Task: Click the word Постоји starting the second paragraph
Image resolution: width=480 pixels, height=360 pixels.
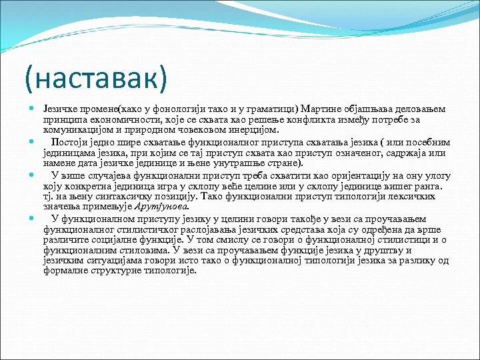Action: click(x=69, y=142)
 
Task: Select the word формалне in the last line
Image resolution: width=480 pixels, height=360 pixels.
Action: click(x=65, y=270)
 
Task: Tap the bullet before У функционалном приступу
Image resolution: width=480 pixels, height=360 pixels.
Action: click(x=32, y=219)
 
